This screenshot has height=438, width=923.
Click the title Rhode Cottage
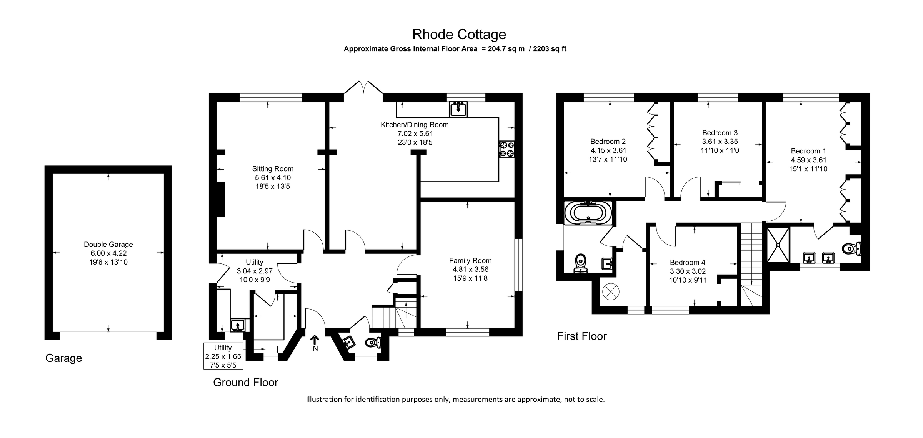click(459, 35)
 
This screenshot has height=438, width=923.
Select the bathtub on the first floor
click(588, 213)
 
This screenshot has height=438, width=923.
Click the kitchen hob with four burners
click(506, 149)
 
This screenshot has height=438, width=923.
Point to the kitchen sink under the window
click(458, 109)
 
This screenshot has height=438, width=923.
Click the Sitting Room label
click(273, 169)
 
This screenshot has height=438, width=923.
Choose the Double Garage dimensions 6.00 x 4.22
click(108, 253)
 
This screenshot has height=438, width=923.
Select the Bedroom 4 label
click(687, 263)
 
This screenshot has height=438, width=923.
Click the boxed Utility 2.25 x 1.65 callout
click(223, 356)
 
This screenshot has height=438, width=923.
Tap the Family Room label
click(470, 261)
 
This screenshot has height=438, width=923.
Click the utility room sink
click(237, 325)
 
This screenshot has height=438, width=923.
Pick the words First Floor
click(581, 336)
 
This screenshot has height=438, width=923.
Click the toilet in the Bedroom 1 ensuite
click(852, 249)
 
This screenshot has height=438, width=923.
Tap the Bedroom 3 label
click(720, 133)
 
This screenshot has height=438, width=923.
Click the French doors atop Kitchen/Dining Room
click(363, 88)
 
